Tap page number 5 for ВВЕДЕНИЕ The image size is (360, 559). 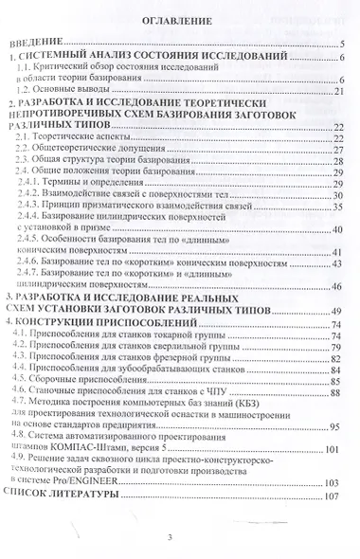[342, 44]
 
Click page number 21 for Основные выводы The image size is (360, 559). [339, 91]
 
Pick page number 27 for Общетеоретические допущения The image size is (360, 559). [337, 150]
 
